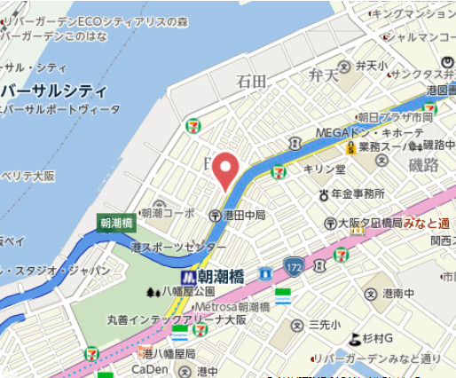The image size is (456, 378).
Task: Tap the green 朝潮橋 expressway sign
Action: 116,224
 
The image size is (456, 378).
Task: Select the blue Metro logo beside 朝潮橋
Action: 201,276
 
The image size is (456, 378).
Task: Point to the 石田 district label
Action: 251,82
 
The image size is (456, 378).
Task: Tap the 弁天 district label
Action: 323,75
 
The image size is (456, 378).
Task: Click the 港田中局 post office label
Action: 244,215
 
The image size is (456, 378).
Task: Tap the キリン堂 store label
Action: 325,169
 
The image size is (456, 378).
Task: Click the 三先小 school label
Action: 324,325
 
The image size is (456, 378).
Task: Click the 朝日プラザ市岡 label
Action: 395,117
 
